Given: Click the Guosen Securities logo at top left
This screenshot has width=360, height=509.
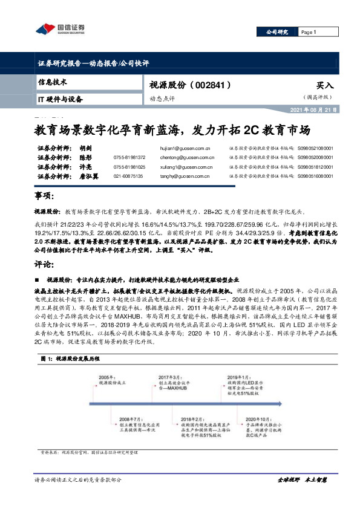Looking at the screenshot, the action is (x=61, y=28).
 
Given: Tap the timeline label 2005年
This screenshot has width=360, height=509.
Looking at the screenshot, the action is (x=107, y=375).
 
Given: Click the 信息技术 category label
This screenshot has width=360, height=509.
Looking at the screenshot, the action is (x=52, y=81).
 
